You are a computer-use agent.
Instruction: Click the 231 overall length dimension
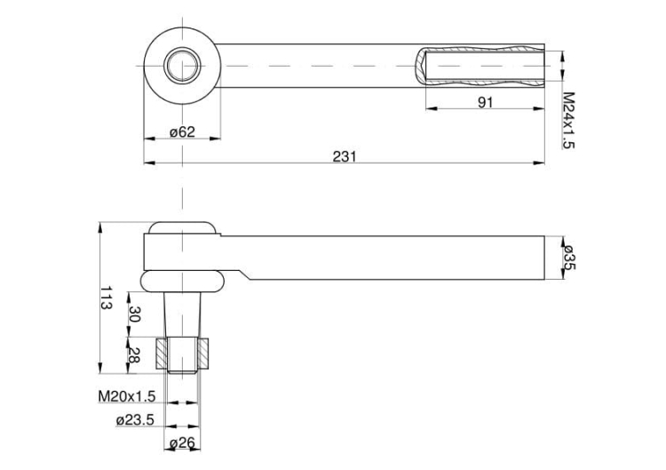tap(345, 156)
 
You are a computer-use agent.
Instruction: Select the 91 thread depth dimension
tap(485, 102)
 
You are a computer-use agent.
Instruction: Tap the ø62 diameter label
tap(182, 132)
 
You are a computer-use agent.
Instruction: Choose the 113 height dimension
tap(107, 298)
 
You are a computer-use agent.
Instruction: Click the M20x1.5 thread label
tap(127, 394)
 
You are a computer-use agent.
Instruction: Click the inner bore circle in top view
tap(182, 66)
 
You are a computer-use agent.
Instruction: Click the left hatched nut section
tap(163, 354)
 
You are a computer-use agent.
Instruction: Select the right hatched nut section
tap(203, 354)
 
